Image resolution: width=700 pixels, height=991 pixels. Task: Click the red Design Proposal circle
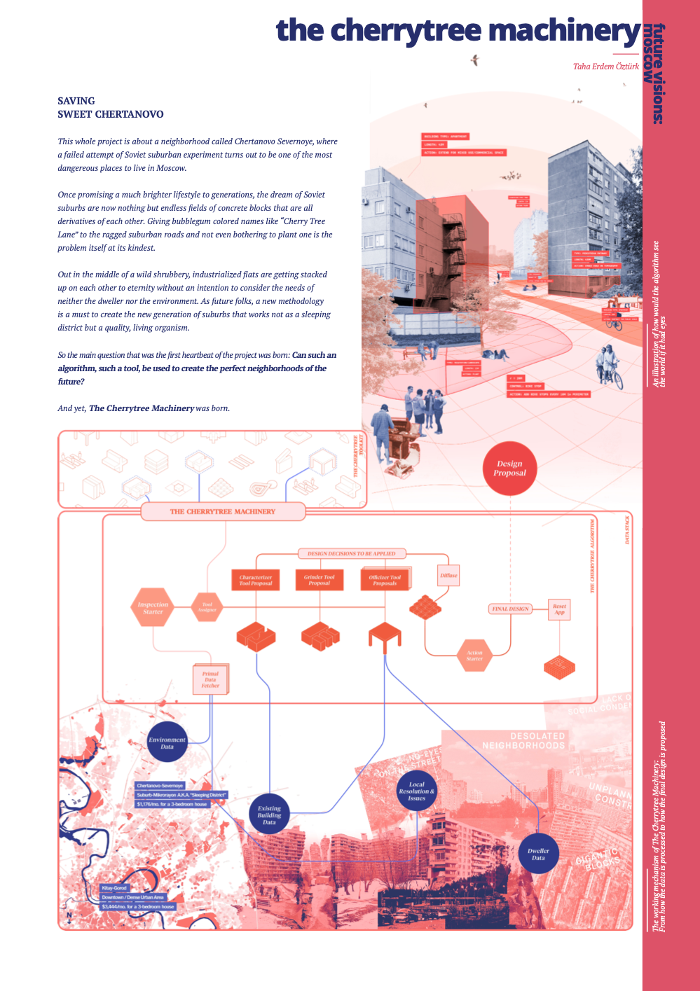[x=509, y=469]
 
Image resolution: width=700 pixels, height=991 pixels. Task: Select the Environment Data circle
[x=167, y=742]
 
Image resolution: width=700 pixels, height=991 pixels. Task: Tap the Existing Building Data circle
[x=269, y=815]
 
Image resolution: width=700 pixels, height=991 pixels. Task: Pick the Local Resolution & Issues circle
[x=416, y=791]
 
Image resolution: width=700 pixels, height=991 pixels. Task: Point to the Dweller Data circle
[x=538, y=854]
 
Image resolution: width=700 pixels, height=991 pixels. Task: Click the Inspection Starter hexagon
[x=153, y=607]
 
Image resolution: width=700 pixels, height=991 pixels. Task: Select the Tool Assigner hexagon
[x=207, y=607]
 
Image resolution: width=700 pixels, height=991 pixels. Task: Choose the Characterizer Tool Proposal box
[x=256, y=580]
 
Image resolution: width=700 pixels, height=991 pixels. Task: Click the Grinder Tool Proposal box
[x=320, y=580]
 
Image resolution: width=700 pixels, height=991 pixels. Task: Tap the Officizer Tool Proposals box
[x=385, y=580]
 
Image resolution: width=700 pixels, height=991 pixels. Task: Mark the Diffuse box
[x=448, y=576]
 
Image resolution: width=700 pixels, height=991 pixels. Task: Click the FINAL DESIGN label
[x=510, y=609]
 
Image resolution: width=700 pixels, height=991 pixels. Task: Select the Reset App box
[x=559, y=609]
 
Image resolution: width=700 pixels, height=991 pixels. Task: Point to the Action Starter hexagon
[x=474, y=656]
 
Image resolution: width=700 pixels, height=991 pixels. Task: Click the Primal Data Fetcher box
[x=210, y=679]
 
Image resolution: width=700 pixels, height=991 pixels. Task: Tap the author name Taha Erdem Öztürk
[x=606, y=67]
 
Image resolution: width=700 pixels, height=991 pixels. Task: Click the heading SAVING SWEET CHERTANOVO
[x=111, y=107]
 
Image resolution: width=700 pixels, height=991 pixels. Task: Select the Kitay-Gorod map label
[x=115, y=888]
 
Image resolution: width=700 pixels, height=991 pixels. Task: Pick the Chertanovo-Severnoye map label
[x=160, y=786]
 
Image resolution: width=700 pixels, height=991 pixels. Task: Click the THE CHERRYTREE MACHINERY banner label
[x=223, y=511]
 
